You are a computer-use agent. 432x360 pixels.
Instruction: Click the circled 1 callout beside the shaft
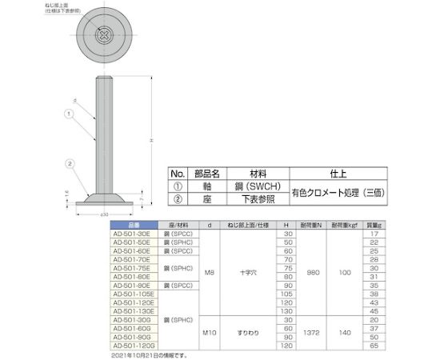click(x=70, y=114)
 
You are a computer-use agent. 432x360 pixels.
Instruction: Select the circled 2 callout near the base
click(x=70, y=166)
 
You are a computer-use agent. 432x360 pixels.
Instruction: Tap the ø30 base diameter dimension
click(x=104, y=215)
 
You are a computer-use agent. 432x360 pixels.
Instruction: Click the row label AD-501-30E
click(x=133, y=233)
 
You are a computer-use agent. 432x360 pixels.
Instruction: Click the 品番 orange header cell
click(x=133, y=224)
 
